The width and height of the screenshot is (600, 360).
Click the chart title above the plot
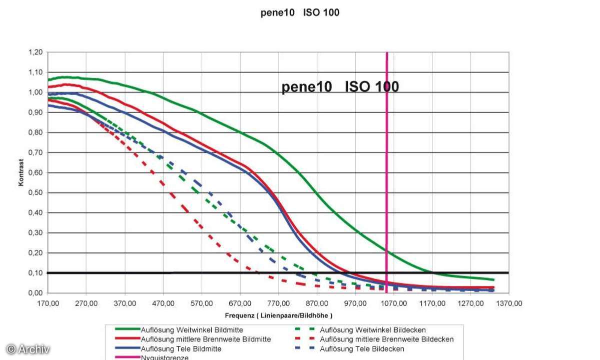300,13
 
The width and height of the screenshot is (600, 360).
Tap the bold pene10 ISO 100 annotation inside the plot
340,87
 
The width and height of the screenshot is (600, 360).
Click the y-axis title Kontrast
21,173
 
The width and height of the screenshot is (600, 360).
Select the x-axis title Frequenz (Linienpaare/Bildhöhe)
278,315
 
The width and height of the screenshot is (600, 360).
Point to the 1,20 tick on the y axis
35,52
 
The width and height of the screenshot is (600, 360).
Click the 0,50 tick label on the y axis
35,192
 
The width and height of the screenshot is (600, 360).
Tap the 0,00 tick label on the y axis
35,293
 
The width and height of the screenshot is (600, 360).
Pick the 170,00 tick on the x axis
48,303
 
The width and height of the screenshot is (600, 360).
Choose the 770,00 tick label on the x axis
279,303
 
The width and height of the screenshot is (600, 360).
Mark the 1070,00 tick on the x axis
394,303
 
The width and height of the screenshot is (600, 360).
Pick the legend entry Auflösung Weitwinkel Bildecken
372,330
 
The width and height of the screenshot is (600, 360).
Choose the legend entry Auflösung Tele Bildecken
362,348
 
